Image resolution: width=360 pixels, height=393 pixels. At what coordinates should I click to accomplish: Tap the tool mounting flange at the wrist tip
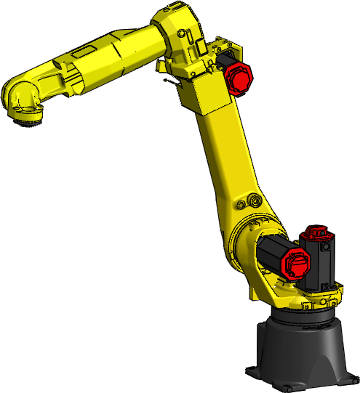coord(28,121)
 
